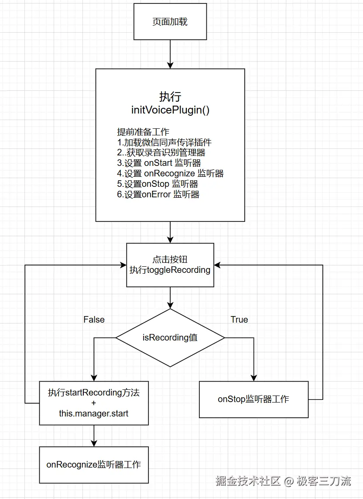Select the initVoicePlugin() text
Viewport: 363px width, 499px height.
[170, 110]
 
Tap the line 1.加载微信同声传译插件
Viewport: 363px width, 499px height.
[164, 142]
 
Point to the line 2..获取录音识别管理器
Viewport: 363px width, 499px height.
[161, 152]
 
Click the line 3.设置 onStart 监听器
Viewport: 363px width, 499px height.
[159, 163]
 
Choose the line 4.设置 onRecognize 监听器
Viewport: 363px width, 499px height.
[170, 173]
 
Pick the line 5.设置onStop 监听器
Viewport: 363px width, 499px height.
[158, 184]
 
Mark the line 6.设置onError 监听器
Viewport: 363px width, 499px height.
[158, 194]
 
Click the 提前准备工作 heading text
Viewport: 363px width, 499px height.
[143, 132]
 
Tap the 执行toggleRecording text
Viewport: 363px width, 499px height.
[170, 270]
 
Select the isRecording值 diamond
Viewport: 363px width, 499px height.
[170, 337]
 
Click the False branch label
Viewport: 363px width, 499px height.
[94, 320]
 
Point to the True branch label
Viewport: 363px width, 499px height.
[239, 320]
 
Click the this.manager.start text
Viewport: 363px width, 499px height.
[94, 413]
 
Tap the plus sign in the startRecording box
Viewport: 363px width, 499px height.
[94, 403]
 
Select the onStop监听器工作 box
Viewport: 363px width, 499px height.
[253, 399]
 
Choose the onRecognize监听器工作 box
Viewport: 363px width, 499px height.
[94, 465]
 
